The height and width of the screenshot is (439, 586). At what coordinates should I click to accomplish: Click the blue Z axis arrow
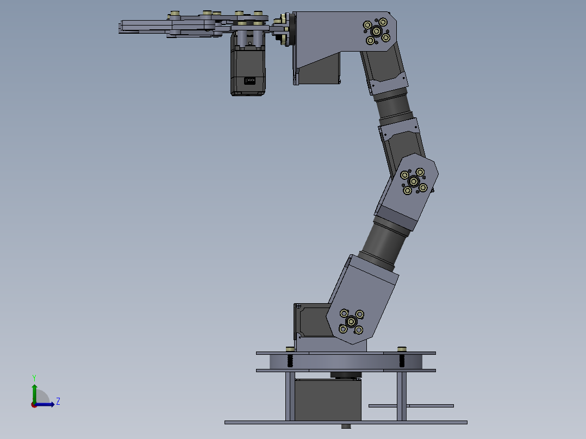click(x=46, y=404)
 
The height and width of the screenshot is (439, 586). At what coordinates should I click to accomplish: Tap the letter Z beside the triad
click(x=58, y=402)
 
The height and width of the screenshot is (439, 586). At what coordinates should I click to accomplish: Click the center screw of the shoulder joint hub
click(x=351, y=321)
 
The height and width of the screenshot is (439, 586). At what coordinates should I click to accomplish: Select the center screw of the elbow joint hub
click(x=414, y=181)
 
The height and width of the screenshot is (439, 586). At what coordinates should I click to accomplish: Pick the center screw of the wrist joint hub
click(x=376, y=31)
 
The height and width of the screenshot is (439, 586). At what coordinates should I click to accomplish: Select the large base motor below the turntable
click(x=328, y=399)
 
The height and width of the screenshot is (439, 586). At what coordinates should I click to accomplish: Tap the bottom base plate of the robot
click(x=346, y=422)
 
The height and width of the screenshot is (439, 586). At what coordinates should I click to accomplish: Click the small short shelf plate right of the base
click(x=411, y=405)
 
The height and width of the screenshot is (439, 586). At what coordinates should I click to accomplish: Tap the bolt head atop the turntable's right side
click(x=402, y=349)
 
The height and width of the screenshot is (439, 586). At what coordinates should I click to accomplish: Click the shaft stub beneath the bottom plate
click(x=346, y=427)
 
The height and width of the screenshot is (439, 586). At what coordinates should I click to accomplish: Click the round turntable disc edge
click(x=346, y=361)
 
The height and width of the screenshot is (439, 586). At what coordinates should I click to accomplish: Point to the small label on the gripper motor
click(x=250, y=81)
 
